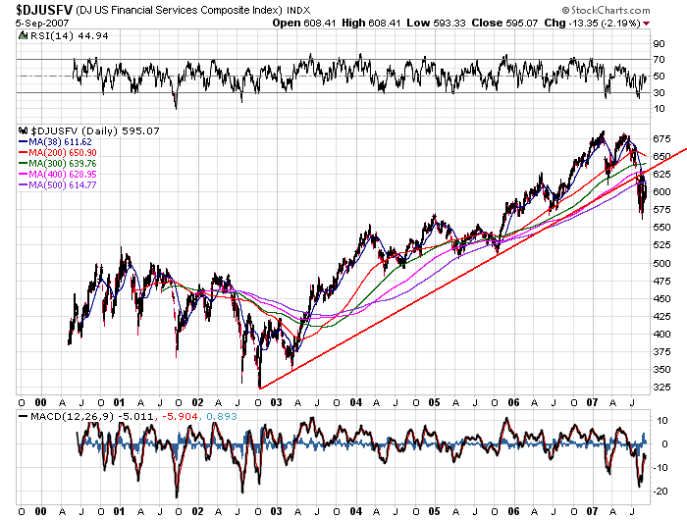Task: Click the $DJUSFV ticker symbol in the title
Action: coord(40,10)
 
